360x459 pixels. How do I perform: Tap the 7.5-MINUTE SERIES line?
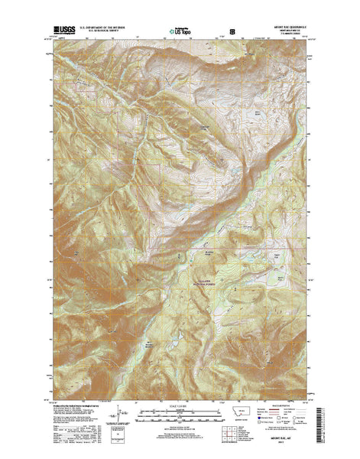click(292, 36)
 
